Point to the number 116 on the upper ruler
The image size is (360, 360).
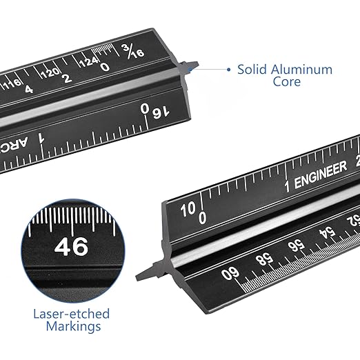[x=13, y=83]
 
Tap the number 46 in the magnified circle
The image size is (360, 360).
[x=71, y=246]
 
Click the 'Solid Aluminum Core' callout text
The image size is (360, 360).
[x=284, y=75]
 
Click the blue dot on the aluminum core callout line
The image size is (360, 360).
[x=228, y=69]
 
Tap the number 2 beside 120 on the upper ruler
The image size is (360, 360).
[x=67, y=78]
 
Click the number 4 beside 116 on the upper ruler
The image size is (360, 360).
[x=28, y=89]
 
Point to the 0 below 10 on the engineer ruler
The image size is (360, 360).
[x=202, y=218]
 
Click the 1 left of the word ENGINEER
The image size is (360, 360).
[x=288, y=185]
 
